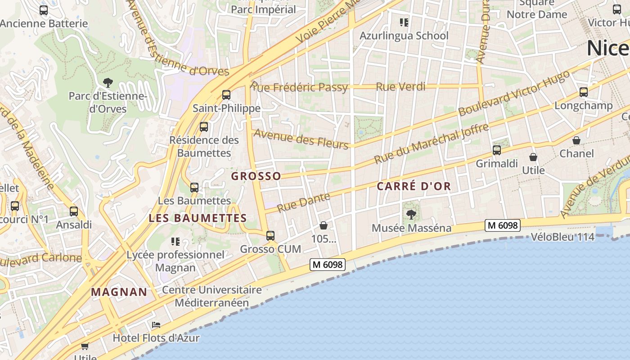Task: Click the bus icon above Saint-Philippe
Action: coord(226,95)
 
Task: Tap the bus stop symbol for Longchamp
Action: coord(584,92)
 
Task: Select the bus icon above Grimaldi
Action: coord(497,150)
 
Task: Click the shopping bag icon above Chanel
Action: coord(576,140)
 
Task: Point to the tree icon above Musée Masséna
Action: coord(411,214)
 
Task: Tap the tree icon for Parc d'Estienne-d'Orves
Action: coord(108,82)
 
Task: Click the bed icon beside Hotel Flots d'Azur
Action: coord(156,324)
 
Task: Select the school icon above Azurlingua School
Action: coord(404,22)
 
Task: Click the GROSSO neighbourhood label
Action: coord(256,176)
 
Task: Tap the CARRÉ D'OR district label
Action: coord(414,186)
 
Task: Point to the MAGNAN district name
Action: coord(119,292)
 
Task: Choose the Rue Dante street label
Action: coord(303,202)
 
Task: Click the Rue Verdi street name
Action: coord(400,86)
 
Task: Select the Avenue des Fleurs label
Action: coord(301,139)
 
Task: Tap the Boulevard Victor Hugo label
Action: coord(514,94)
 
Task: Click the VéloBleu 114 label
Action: coord(562,237)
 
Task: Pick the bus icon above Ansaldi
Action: coord(74,211)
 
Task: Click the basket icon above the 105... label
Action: coord(323,225)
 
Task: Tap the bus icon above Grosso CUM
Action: coord(270,235)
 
